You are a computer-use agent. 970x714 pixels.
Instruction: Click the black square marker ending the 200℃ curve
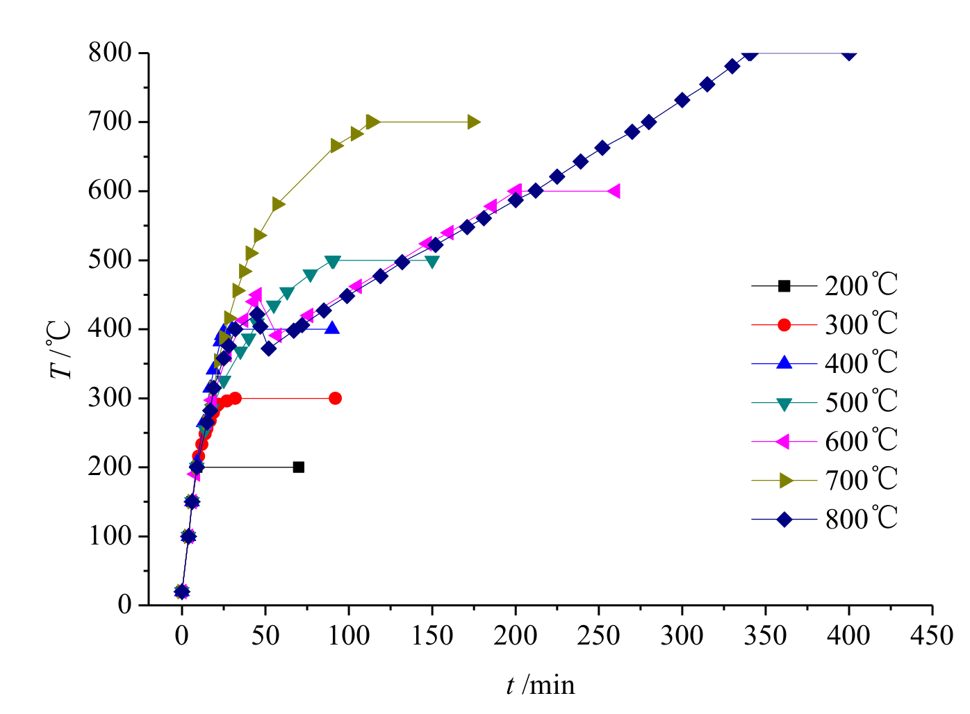[x=299, y=467]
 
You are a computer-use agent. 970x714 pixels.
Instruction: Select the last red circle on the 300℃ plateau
[x=335, y=398]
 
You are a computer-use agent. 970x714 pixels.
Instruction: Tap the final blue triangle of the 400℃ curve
[x=332, y=328]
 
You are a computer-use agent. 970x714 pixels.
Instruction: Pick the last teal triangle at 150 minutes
[x=432, y=262]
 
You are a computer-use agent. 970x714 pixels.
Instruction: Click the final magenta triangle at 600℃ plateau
[x=613, y=191]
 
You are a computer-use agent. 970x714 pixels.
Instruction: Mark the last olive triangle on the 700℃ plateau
[x=473, y=122]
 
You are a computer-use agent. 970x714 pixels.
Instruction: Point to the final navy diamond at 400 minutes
[x=849, y=53]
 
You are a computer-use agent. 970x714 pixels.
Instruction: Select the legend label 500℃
[x=861, y=402]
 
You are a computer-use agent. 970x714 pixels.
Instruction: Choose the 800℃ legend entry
[x=861, y=519]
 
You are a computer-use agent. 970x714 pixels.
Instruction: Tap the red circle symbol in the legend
[x=784, y=324]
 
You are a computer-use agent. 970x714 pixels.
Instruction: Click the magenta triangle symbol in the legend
[x=783, y=441]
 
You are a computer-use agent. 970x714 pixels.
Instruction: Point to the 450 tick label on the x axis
[x=932, y=635]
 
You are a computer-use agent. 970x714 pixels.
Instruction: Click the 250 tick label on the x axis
[x=599, y=635]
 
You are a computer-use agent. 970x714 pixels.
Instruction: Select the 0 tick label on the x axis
[x=182, y=635]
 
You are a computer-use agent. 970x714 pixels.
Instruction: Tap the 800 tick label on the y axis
[x=110, y=53]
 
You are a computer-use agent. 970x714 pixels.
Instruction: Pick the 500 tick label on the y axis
[x=110, y=260]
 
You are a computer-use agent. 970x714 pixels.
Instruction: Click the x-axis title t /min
[x=541, y=686]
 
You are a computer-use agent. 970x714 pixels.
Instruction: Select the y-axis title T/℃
[x=61, y=349]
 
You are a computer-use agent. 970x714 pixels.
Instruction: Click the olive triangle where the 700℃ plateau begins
[x=372, y=122]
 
